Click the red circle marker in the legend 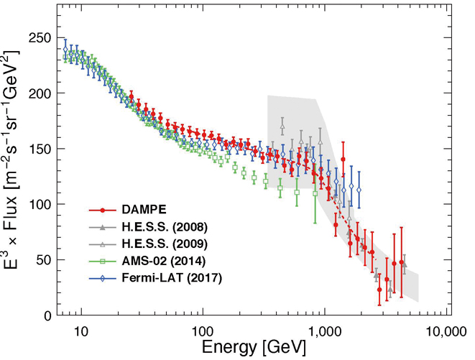tap(103, 211)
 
